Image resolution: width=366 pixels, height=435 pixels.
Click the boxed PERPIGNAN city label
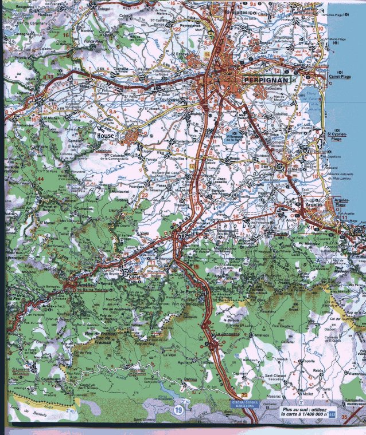pyautogui.click(x=266, y=81)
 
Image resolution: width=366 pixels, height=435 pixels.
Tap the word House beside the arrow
pyautogui.click(x=106, y=136)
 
